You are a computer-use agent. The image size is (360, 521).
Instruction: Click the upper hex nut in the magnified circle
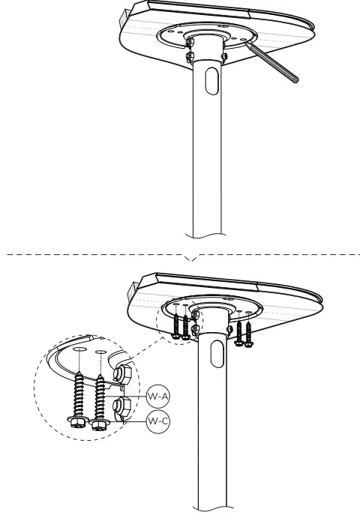[123, 373]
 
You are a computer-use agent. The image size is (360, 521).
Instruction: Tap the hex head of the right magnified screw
[98, 425]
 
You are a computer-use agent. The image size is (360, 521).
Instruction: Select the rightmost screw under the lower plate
[248, 332]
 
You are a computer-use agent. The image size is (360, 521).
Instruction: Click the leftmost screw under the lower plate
[176, 324]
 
